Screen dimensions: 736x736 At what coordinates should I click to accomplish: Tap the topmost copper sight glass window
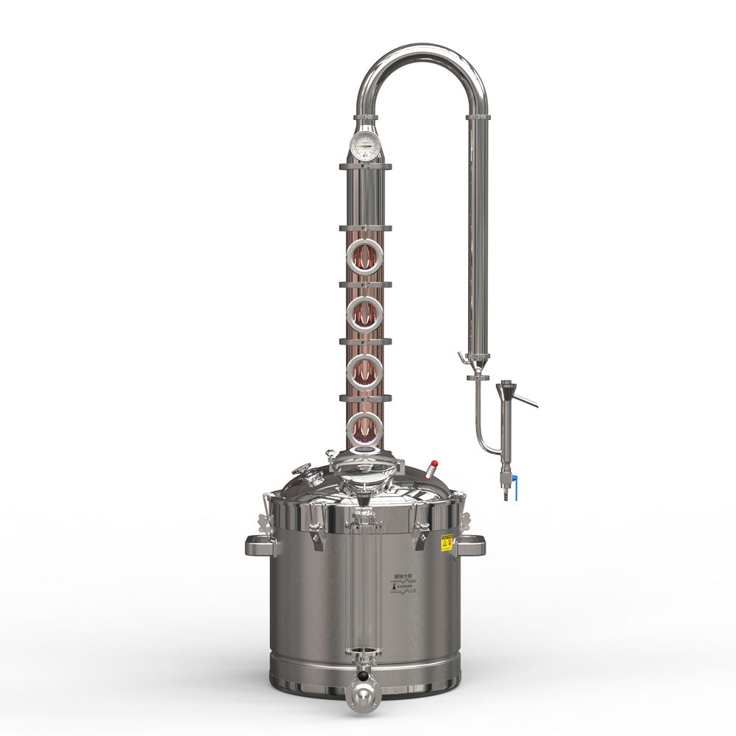(365, 257)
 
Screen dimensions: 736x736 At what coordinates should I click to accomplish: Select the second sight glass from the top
(365, 314)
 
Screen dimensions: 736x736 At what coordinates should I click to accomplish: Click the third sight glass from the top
(365, 371)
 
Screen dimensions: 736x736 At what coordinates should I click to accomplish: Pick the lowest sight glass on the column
(365, 427)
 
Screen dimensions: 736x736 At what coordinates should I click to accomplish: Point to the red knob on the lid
(434, 465)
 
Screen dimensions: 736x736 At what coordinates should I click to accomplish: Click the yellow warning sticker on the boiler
(446, 543)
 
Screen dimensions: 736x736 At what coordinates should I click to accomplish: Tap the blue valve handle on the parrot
(515, 486)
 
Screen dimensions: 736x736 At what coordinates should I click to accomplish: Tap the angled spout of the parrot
(526, 400)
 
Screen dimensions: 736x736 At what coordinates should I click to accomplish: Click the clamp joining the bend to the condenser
(478, 116)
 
